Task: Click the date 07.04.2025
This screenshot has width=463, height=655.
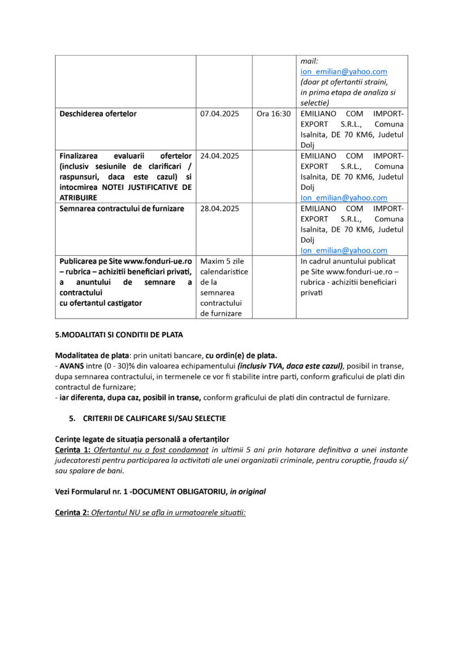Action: (219, 114)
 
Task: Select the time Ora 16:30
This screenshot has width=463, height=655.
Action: (273, 114)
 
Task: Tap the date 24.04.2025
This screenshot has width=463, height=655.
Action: (219, 155)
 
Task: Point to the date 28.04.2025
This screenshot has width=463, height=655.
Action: (219, 209)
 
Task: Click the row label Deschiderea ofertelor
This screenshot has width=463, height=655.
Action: (98, 114)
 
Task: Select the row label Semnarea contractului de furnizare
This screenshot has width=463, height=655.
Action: (122, 209)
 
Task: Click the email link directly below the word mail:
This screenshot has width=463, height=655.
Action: (343, 72)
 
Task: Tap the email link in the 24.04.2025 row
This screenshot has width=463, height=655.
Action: (343, 198)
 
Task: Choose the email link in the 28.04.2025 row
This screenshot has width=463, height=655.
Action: (343, 250)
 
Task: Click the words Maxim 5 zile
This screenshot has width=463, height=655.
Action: (223, 261)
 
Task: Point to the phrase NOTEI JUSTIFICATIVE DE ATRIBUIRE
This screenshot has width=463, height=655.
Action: (125, 192)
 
